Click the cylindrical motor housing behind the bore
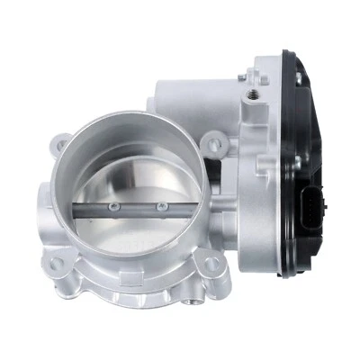[x=180, y=99]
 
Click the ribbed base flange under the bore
[x=135, y=288]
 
